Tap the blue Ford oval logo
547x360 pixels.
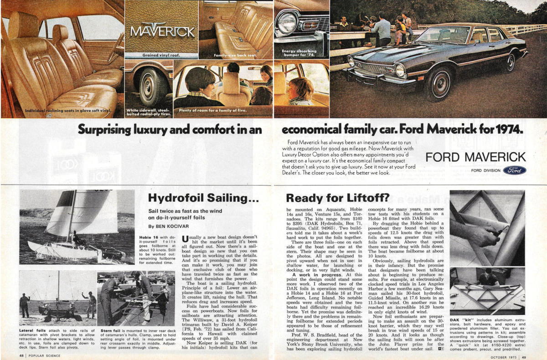click(515, 170)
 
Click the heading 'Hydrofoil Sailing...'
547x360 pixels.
click(204, 198)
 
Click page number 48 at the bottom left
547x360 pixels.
click(22, 355)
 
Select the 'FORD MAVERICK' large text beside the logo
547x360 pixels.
click(475, 158)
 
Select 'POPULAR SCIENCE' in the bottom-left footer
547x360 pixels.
click(45, 355)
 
